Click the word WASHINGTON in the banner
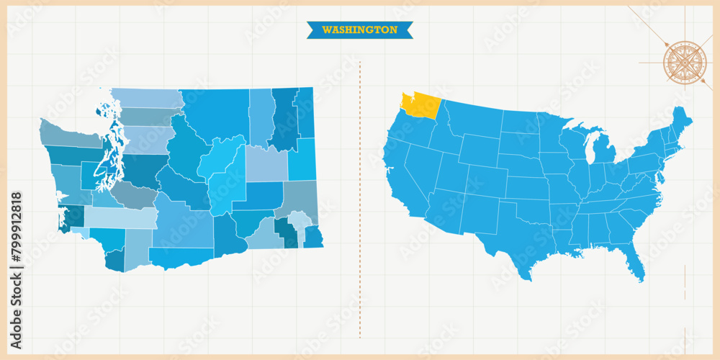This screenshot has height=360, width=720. coord(359,30)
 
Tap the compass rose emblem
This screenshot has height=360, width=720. coord(685,62)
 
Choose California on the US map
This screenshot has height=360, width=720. coord(402,180)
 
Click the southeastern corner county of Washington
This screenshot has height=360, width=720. coord(313,236)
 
